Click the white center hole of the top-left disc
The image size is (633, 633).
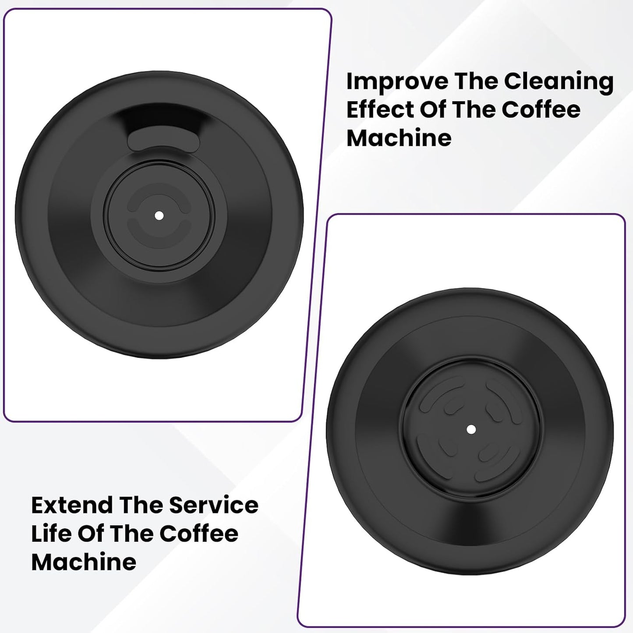tap(159, 216)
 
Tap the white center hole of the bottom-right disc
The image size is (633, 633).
tap(471, 430)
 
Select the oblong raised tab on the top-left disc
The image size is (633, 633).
tap(164, 141)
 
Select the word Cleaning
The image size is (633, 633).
tap(558, 82)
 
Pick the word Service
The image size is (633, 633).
tap(214, 506)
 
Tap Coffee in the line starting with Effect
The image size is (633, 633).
tap(541, 110)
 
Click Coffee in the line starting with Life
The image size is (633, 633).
tap(198, 534)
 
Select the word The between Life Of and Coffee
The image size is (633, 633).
tap(132, 534)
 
